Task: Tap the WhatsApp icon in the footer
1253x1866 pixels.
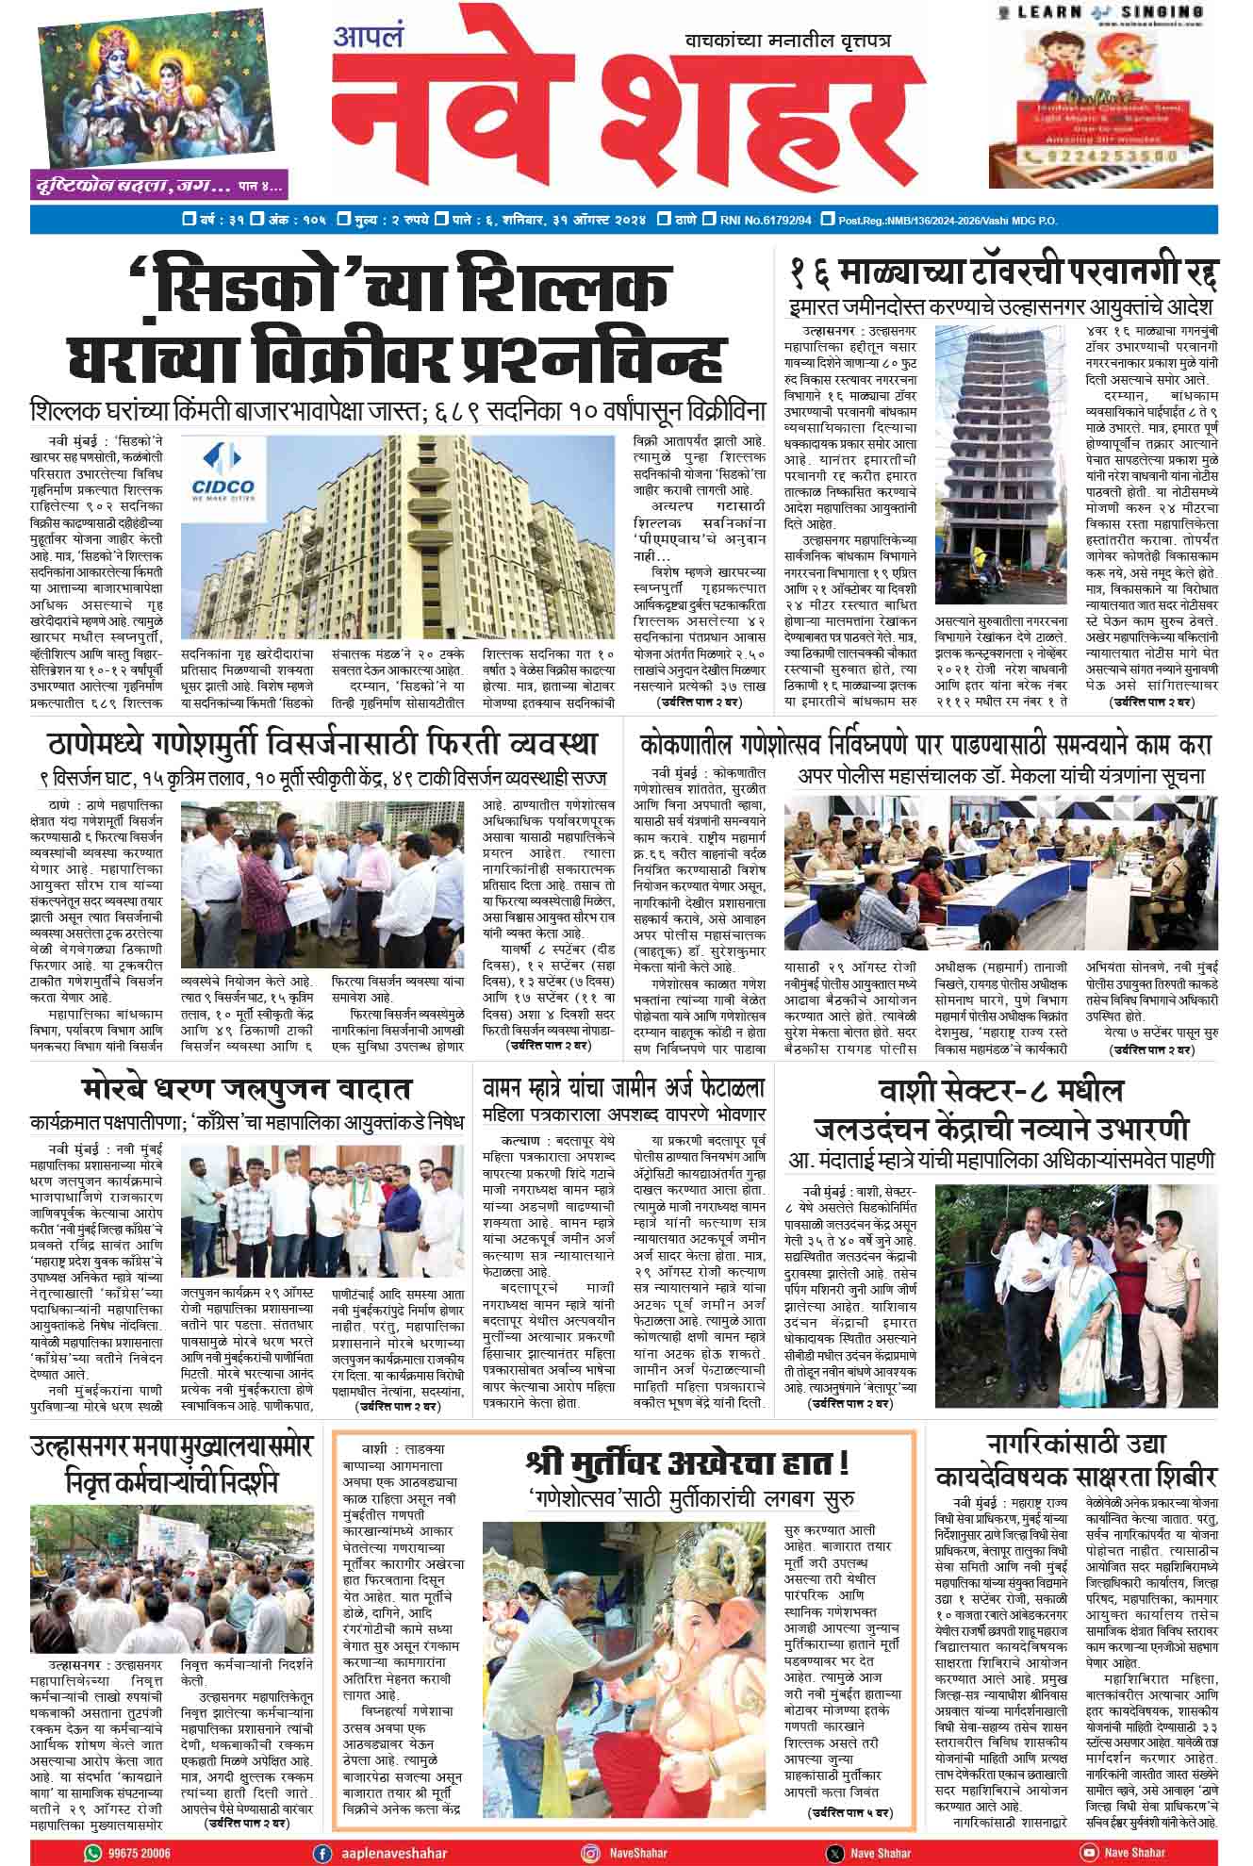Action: [x=92, y=1845]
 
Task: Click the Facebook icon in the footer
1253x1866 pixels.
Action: [x=323, y=1845]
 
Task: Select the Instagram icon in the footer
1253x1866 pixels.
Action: [x=590, y=1845]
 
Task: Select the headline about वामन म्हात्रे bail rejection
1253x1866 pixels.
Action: [x=623, y=1087]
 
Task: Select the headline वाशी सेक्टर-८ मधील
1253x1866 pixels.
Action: [x=1000, y=1091]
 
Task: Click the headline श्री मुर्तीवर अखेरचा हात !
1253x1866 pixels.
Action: [x=688, y=1463]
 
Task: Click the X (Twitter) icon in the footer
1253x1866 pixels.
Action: [x=834, y=1845]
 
